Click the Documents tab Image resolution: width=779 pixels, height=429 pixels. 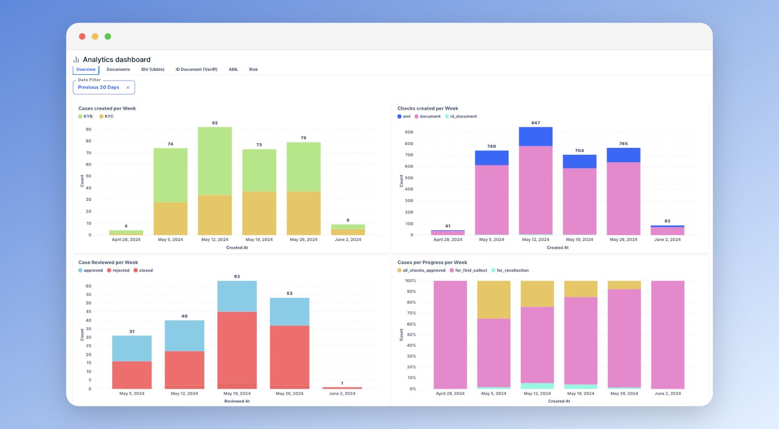coord(118,69)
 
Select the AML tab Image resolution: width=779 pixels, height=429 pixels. coord(233,69)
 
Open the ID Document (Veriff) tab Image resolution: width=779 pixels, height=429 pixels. coord(196,69)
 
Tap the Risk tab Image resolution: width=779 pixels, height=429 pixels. coord(253,69)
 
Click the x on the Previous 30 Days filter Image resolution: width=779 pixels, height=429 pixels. coord(128,88)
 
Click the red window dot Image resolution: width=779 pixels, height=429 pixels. coord(82,37)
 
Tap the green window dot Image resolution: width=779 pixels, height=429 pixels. coord(108,37)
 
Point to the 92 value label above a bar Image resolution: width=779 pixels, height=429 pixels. coord(215,123)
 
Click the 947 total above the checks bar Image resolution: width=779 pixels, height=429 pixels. coord(536,123)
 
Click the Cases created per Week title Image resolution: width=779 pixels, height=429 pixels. coord(107,108)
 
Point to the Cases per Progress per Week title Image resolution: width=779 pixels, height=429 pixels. coord(432,263)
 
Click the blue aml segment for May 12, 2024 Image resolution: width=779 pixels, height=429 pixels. coord(536,136)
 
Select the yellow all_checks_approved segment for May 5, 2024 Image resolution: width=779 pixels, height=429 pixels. coord(494,299)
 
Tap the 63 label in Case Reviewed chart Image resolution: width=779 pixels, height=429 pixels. coord(237,277)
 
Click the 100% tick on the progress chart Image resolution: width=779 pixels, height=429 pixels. coord(410,281)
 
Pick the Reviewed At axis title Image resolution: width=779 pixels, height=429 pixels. coord(237,401)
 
